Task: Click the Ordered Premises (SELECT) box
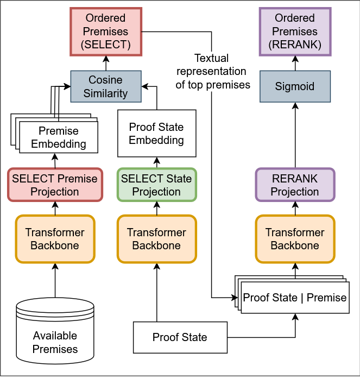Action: coord(105,31)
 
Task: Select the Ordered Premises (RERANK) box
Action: coord(295,31)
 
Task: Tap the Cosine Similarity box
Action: coord(105,86)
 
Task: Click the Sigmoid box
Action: coord(295,86)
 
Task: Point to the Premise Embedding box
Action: coord(58,137)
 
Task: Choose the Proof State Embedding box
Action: coord(156,134)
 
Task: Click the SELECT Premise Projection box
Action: coord(54,185)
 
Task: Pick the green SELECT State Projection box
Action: coord(156,185)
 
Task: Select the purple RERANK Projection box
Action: coord(295,185)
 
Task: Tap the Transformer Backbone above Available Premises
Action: coord(54,239)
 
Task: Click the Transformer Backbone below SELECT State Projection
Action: coord(156,239)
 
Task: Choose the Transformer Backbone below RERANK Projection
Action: coord(295,239)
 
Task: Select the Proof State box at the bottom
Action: coord(180,337)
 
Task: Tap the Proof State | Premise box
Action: coord(295,298)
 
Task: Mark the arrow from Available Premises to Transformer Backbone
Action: coord(55,280)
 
